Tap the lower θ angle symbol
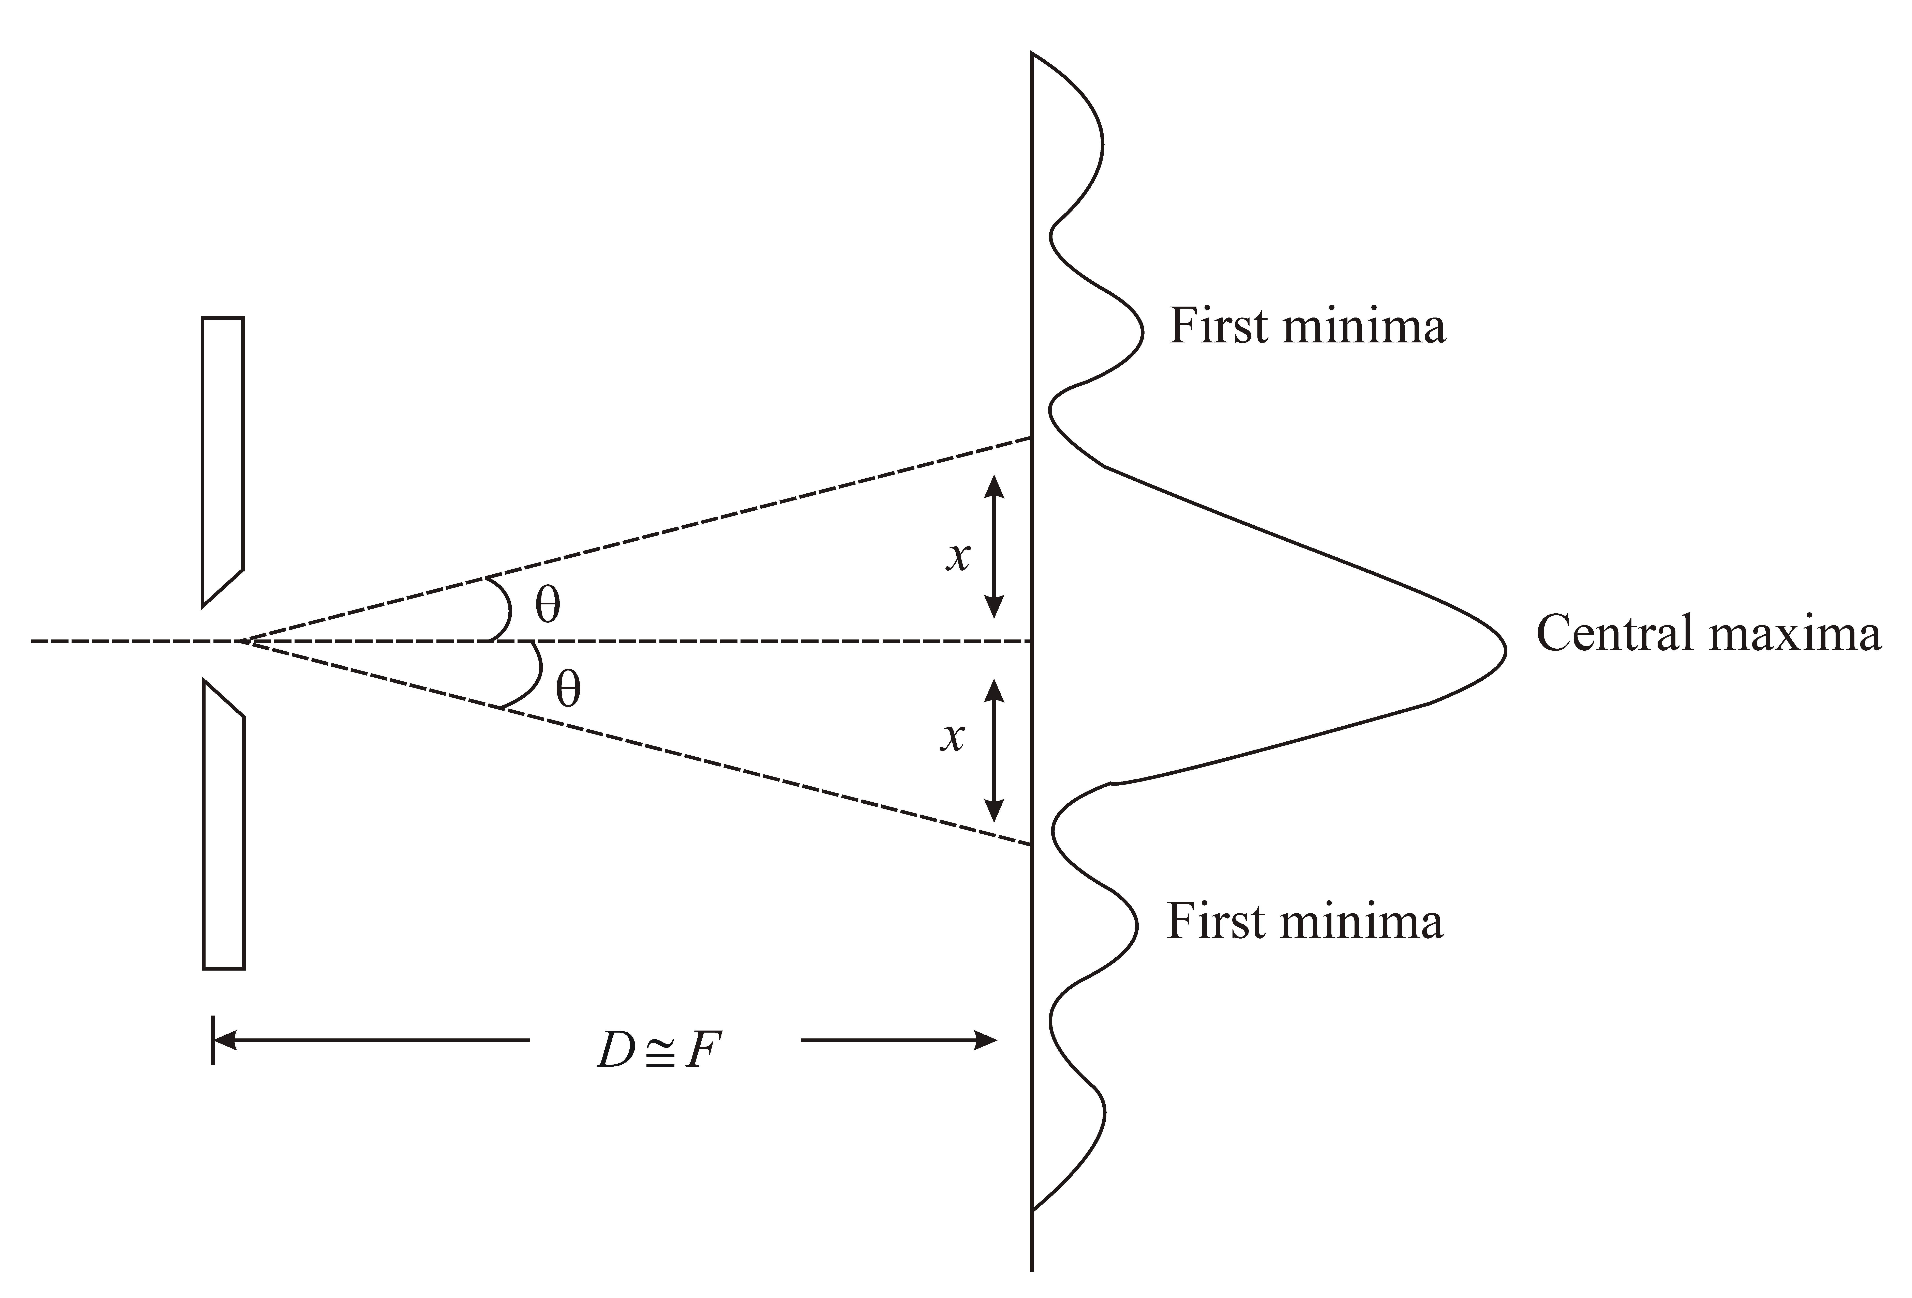click(568, 689)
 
